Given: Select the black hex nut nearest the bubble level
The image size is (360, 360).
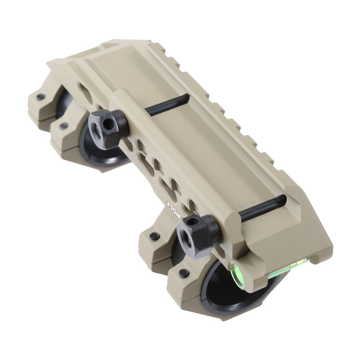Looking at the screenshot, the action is point(196,233).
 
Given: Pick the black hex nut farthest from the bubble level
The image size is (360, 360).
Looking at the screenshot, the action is point(107,129).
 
